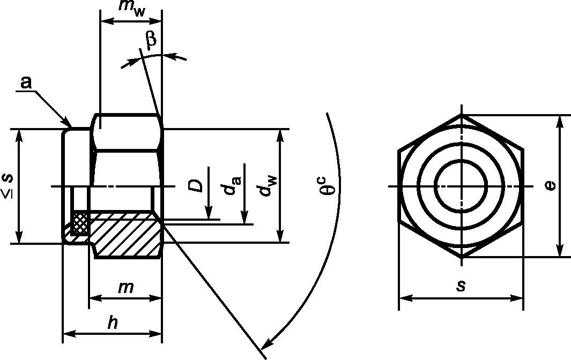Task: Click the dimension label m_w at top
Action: (x=132, y=9)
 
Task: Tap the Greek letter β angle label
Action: (x=151, y=39)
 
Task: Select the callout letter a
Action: (x=26, y=82)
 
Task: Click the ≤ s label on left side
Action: (x=8, y=186)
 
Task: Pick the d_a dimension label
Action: (x=232, y=185)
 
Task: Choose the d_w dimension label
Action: (x=268, y=186)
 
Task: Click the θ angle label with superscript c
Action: (x=328, y=186)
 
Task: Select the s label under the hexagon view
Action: (x=461, y=286)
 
